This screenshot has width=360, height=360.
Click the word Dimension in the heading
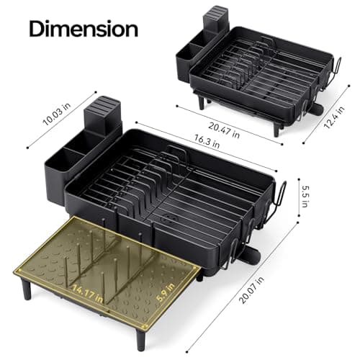[x=84, y=30]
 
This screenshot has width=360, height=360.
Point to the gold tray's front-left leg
[x=27, y=289]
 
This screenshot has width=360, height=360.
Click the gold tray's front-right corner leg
[x=141, y=337]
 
